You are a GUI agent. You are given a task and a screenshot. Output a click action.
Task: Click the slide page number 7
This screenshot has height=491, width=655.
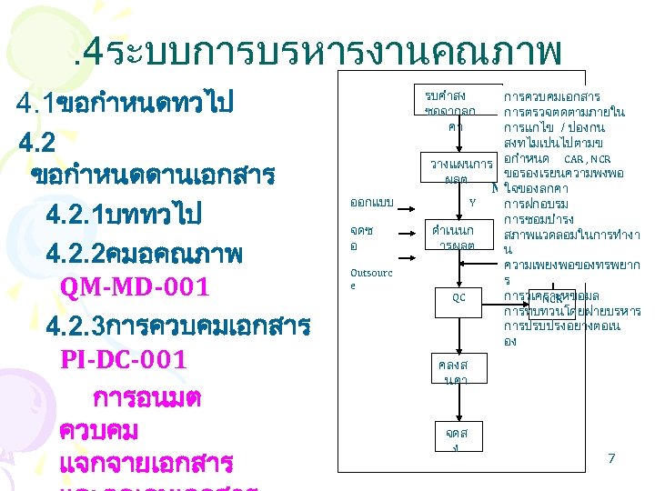tap(611, 459)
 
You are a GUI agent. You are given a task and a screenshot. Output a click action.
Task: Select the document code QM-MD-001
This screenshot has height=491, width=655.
tap(134, 288)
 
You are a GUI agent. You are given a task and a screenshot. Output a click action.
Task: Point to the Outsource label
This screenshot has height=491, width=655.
tap(371, 278)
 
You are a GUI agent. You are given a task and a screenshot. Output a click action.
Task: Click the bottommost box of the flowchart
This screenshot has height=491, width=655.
tap(451, 440)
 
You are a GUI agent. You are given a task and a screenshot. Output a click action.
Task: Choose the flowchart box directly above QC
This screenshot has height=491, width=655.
tap(452, 238)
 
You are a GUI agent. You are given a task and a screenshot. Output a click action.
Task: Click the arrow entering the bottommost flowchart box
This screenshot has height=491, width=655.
tap(452, 406)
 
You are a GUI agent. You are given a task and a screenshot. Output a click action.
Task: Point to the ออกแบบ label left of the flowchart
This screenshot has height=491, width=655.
tap(371, 201)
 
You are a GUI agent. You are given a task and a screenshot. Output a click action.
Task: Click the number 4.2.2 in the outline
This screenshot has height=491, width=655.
tap(77, 254)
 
